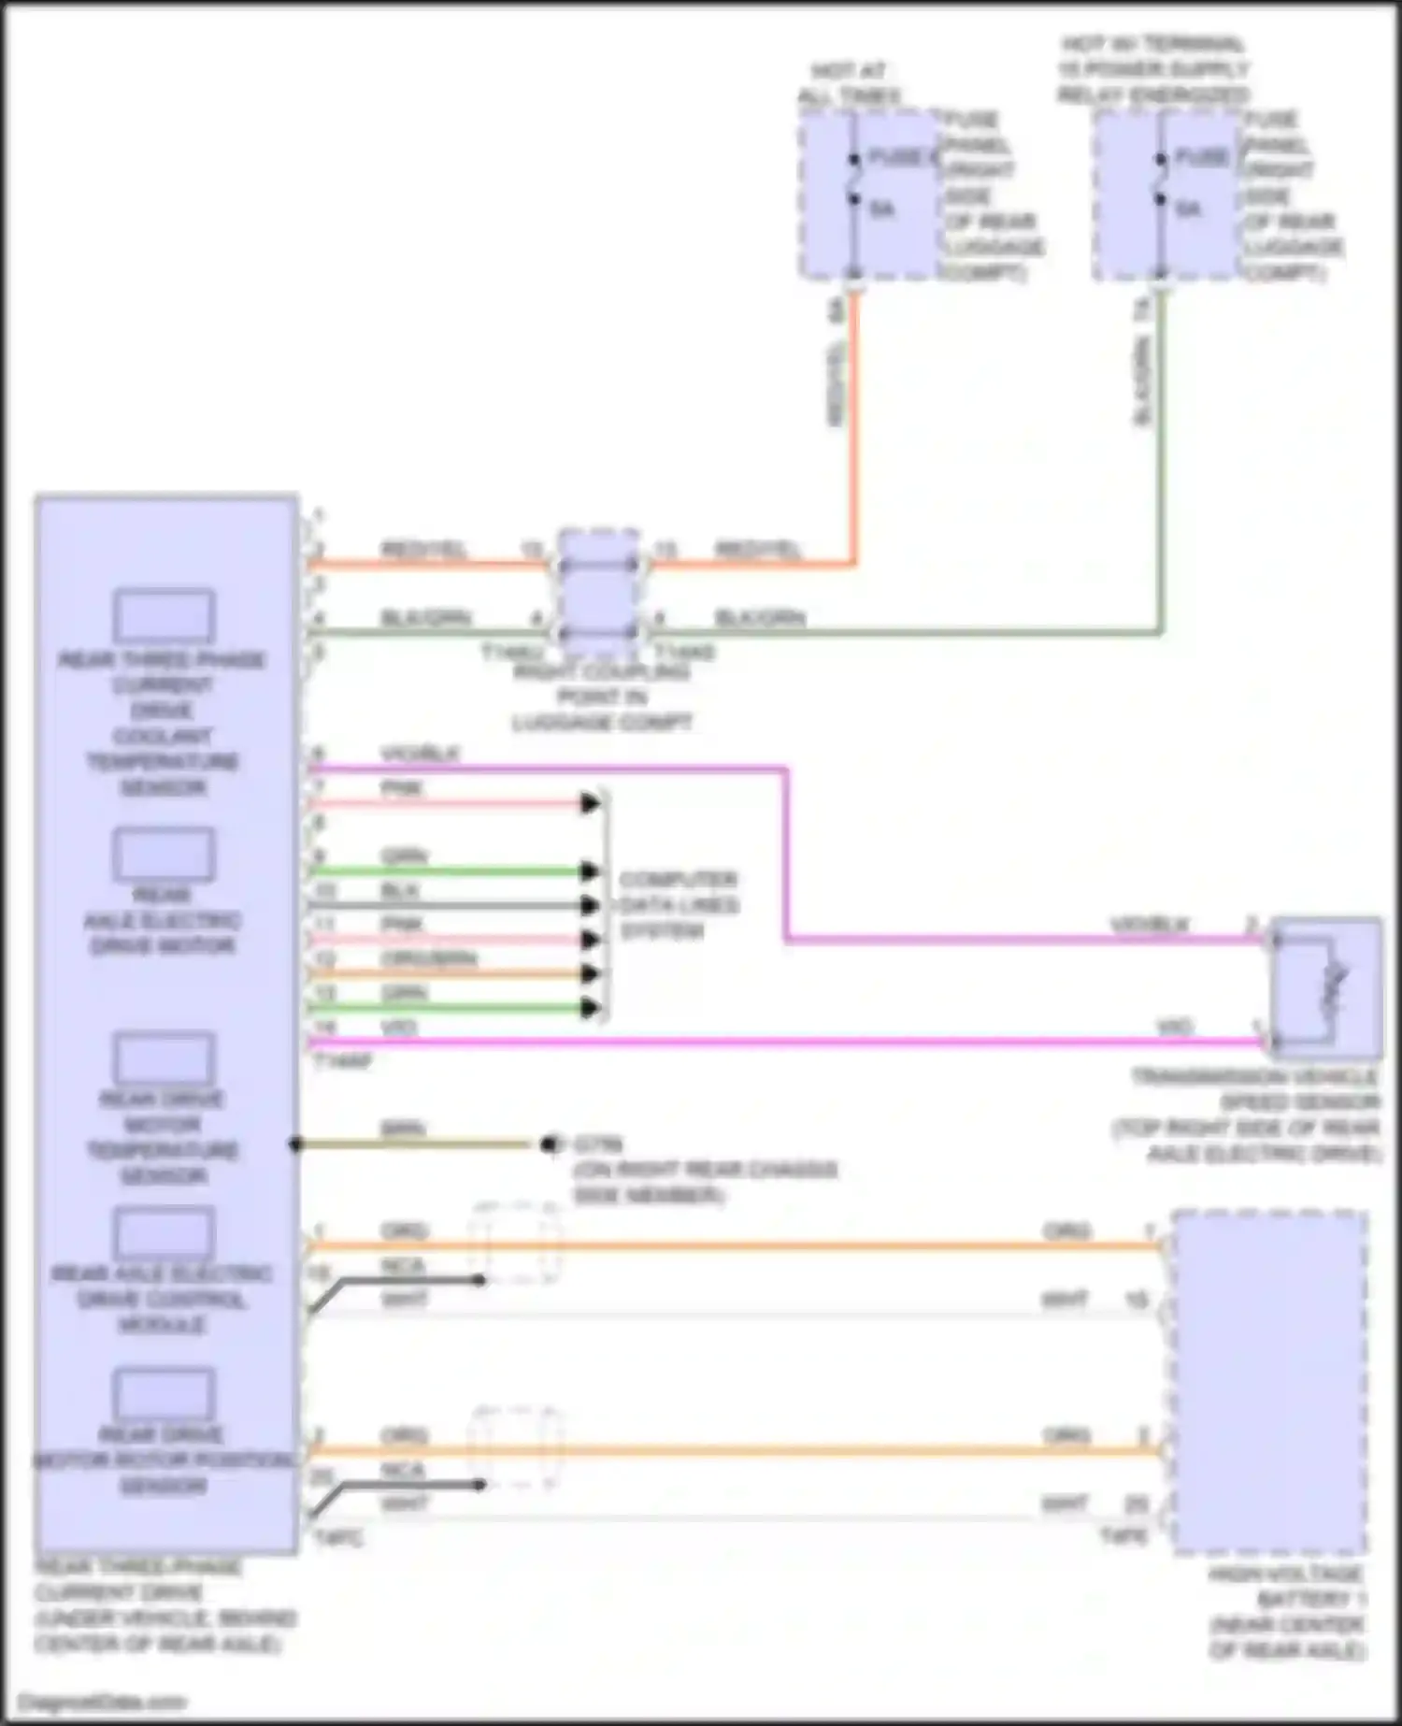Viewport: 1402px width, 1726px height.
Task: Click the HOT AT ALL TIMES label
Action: (x=849, y=83)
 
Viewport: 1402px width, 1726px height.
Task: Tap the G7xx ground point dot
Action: (x=549, y=1144)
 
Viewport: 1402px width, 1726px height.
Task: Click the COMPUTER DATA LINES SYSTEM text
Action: (x=679, y=905)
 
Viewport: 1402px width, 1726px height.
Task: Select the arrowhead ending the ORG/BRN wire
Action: (x=590, y=973)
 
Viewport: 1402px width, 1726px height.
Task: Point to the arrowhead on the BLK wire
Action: (x=590, y=905)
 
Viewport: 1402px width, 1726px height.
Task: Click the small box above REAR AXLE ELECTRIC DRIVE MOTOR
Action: (x=164, y=854)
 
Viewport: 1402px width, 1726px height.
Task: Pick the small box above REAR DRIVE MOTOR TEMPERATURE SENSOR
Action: (x=164, y=1057)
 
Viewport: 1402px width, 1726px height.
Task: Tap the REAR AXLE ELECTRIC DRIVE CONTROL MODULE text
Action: (x=162, y=1299)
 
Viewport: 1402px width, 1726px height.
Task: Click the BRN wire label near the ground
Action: (x=403, y=1129)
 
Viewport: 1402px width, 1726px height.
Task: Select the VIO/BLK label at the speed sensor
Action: (x=1149, y=925)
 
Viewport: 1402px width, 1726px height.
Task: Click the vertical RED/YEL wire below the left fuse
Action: (x=852, y=421)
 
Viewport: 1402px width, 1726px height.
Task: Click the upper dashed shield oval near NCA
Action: (x=516, y=1244)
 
